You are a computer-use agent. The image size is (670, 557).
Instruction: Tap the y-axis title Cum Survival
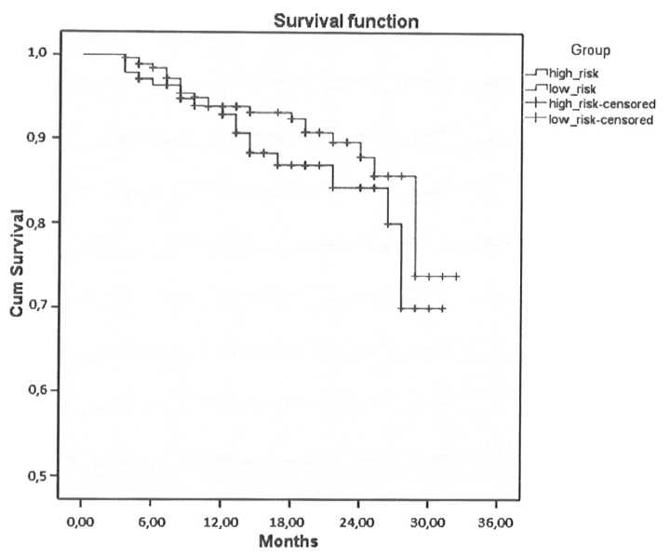pos(18,264)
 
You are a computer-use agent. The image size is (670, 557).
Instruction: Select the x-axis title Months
pos(288,540)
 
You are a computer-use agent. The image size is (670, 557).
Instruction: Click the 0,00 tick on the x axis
pos(82,519)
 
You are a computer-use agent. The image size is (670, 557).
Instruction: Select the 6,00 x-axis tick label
pos(151,519)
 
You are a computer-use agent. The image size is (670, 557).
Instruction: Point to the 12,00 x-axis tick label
pos(220,519)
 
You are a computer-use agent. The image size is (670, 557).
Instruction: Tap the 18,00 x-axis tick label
pos(289,519)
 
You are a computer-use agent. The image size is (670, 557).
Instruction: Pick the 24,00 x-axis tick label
pos(358,519)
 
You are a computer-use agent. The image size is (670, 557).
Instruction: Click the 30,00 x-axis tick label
pos(427,519)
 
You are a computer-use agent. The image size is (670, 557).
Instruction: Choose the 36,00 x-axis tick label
pos(496,519)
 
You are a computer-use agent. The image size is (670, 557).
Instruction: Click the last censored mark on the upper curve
pos(457,277)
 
